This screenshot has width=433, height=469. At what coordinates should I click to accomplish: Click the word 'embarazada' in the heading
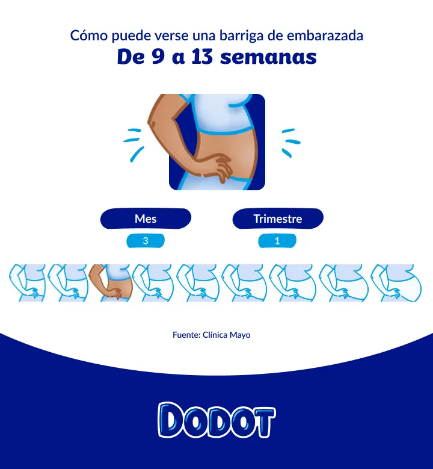pos(325,36)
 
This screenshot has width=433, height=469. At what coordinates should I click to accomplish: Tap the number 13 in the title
pos(202,57)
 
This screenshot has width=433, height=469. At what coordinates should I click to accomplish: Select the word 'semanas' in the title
pos(268,57)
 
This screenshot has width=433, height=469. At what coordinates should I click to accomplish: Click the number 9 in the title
pos(158,57)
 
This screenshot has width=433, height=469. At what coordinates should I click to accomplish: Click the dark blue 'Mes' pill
pos(146,219)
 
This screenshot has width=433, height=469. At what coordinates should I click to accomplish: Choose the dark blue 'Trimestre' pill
pos(278,219)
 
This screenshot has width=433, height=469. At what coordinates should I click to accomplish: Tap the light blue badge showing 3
pos(146,241)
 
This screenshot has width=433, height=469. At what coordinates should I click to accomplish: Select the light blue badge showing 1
pos(277,241)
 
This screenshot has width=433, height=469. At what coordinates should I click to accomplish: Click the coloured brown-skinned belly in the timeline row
pos(110,282)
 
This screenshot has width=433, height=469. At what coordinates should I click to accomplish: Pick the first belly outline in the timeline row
pos(28,282)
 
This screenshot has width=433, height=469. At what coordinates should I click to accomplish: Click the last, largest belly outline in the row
pos(396,282)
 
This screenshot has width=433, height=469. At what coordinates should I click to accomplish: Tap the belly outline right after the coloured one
pos(153,282)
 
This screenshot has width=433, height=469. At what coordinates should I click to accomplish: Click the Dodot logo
pos(216,420)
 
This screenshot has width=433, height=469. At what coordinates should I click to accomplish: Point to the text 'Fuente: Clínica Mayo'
pos(212,335)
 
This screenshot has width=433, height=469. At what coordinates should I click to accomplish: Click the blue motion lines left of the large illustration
pos(134,144)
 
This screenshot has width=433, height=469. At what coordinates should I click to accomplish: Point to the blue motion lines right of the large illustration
pos(290,143)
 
